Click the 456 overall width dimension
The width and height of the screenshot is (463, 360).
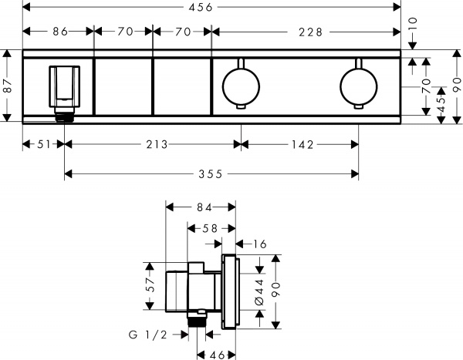click(212, 8)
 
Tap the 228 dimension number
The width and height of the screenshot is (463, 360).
click(306, 32)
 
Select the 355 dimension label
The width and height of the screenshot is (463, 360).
click(211, 174)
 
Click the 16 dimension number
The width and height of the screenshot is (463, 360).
click(259, 244)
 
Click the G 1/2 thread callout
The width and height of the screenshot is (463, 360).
click(147, 335)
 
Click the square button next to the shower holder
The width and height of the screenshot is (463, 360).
click(123, 84)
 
